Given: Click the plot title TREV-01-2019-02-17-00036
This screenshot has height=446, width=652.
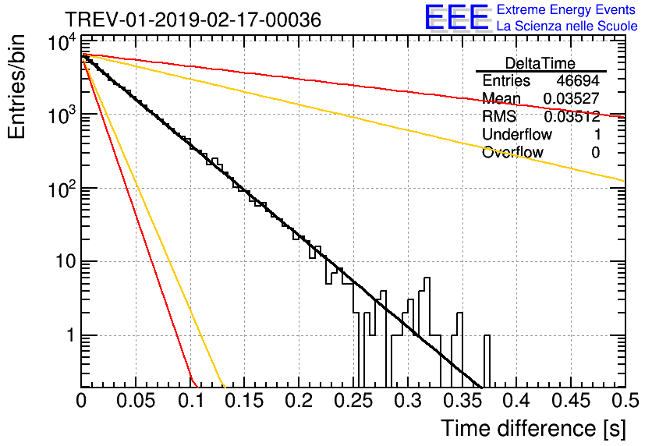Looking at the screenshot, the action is [193, 19].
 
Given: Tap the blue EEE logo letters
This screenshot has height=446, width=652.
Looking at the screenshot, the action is [457, 17].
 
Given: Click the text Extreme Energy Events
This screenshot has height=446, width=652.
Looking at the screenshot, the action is [566, 9].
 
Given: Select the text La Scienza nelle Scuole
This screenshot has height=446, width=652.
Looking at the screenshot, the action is [567, 26].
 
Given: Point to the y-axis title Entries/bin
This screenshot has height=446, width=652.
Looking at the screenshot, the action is [16, 87].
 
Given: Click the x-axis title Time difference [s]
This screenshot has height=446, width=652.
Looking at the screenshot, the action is [533, 429].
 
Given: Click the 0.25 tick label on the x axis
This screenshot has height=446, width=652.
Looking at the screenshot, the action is [354, 401].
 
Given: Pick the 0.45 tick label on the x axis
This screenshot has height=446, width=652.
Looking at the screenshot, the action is [571, 401].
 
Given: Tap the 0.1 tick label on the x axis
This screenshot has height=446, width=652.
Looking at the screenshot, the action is [191, 401].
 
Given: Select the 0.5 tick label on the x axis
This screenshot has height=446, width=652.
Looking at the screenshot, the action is [625, 401].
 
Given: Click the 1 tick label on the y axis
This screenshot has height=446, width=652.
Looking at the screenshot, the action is [71, 335].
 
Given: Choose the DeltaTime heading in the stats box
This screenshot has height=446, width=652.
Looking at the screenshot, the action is [540, 63].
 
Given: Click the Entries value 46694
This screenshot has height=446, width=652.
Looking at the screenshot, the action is [578, 80].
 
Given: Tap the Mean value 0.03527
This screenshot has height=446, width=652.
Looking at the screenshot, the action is [572, 98].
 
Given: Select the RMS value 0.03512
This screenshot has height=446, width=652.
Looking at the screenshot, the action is [572, 116].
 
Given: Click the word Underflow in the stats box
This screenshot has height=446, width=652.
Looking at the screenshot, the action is [517, 134].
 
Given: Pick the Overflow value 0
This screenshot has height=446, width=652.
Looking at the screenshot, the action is [595, 153].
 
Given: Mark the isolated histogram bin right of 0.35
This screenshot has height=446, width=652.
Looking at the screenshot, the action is [487, 360].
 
